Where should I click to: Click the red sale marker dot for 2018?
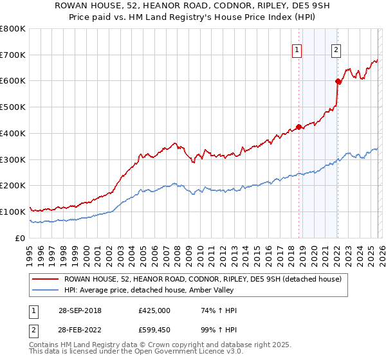coord(299,127)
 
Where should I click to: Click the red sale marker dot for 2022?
coord(337,81)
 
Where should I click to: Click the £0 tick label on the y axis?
coord(21,238)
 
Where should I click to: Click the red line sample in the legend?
coord(44,279)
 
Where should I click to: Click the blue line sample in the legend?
coord(44,291)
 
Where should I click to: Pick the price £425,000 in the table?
coord(154,310)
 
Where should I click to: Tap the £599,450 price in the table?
coord(154,330)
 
